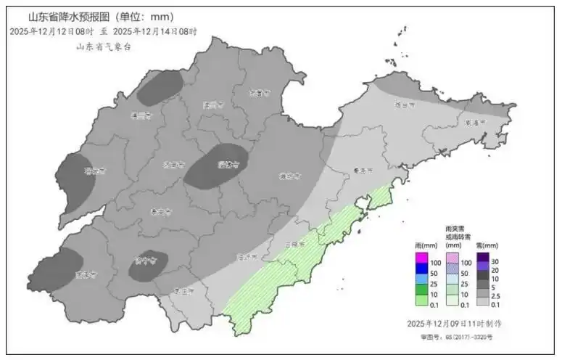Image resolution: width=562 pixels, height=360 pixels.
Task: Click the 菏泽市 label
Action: click(86, 275)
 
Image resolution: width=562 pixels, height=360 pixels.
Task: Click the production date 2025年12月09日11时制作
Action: click(454, 323)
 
